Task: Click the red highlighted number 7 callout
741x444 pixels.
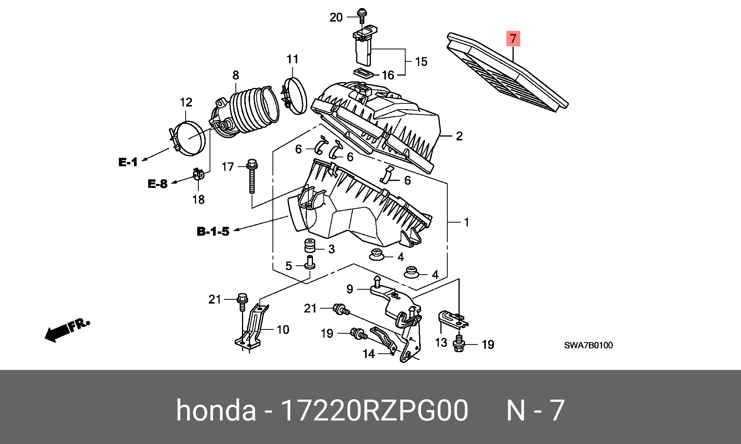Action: tap(513, 39)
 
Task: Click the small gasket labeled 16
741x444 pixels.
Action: tap(362, 73)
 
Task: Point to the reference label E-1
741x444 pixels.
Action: tap(128, 162)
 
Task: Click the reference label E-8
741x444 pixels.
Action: tap(157, 184)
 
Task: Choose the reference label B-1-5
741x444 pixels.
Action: tap(213, 231)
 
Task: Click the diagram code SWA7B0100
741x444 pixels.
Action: tap(588, 345)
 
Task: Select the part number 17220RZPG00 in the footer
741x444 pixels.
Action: tap(374, 410)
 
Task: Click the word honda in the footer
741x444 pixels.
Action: tap(216, 410)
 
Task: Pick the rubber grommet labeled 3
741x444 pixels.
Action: tap(308, 246)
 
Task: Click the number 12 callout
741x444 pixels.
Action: tap(186, 102)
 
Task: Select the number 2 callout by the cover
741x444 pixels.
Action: tap(459, 136)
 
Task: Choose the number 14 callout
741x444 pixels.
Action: tap(369, 353)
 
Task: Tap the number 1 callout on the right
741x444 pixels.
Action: tap(466, 222)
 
